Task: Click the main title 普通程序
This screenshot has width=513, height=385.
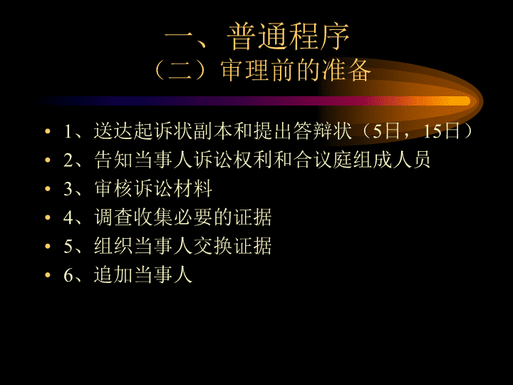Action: [x=289, y=36]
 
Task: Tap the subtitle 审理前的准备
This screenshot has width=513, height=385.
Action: [x=296, y=70]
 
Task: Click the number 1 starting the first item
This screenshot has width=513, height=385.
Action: [x=68, y=132]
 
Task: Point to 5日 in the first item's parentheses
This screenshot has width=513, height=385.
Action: [x=386, y=131]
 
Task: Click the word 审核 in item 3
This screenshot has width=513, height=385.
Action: [x=114, y=188]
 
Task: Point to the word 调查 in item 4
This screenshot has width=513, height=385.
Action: [x=114, y=217]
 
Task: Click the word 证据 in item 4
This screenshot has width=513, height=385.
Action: [x=252, y=217]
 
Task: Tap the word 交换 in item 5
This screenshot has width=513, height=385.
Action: [x=213, y=246]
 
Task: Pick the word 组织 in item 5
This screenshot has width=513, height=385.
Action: [x=114, y=246]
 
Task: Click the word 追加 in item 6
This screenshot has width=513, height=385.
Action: [x=114, y=275]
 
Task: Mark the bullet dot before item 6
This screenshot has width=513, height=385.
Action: [x=48, y=275]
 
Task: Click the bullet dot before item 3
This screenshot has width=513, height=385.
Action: [x=48, y=188]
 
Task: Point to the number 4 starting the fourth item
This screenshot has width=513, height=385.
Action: [x=68, y=218]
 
